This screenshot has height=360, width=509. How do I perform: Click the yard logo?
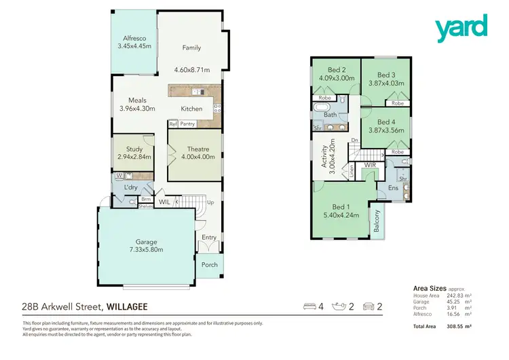click(x=461, y=28)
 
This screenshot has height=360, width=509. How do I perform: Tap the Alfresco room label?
click(x=134, y=39)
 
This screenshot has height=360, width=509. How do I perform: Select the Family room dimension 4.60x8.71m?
click(x=191, y=70)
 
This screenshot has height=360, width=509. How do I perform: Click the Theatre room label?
click(x=198, y=149)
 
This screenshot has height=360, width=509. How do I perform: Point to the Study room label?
click(x=133, y=149)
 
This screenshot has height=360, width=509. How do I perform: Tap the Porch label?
click(x=210, y=264)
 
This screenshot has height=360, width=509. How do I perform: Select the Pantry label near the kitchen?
click(x=188, y=124)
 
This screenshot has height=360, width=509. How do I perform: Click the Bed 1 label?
click(x=341, y=208)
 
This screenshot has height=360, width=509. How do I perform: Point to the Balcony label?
click(x=377, y=221)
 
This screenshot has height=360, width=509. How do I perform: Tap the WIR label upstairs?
click(x=370, y=165)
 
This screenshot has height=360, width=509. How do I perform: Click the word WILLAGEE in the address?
click(x=126, y=307)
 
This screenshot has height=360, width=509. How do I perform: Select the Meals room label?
click(x=137, y=101)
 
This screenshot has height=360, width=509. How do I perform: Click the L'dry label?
click(x=130, y=187)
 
